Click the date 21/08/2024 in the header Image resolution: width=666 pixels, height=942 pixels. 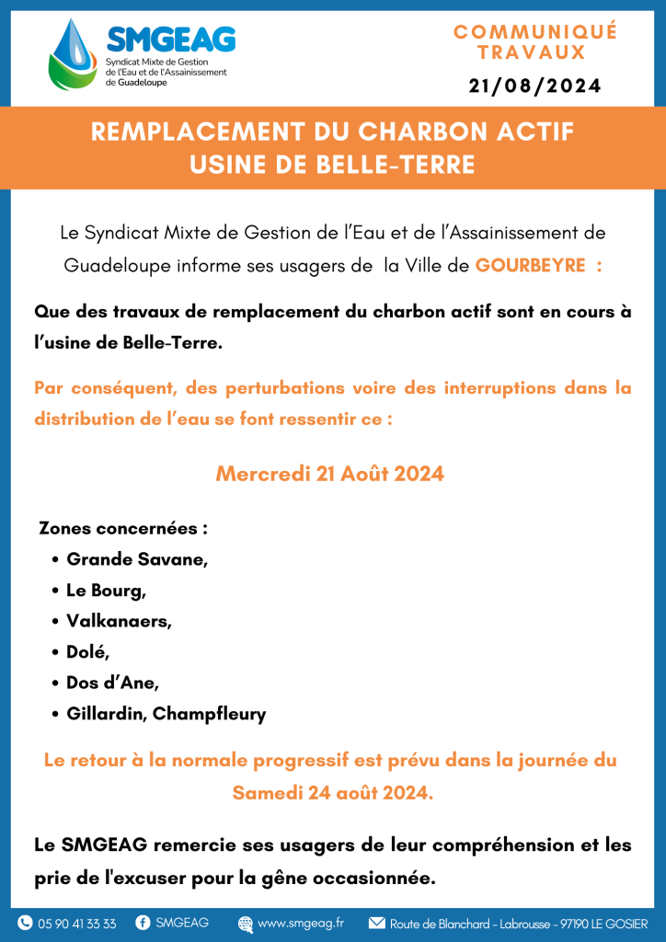(x=534, y=86)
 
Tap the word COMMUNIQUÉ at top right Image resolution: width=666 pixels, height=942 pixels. (x=534, y=32)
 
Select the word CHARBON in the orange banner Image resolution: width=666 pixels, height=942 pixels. (x=401, y=132)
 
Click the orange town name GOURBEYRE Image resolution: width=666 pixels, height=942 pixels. (x=531, y=265)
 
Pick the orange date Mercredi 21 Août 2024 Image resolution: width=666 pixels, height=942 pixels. (x=330, y=474)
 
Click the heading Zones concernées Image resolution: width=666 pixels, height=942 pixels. (x=123, y=529)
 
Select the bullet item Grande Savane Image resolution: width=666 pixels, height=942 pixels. (x=137, y=559)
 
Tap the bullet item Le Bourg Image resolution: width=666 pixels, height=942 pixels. (x=106, y=591)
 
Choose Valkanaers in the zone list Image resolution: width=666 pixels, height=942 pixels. (x=119, y=621)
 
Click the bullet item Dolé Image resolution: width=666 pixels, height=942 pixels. (x=88, y=652)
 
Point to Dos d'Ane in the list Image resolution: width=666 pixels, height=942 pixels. (x=112, y=684)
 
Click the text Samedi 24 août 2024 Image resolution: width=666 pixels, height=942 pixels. (x=332, y=792)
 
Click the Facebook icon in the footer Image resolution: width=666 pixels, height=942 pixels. (x=144, y=923)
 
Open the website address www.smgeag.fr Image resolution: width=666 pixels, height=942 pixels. (x=301, y=923)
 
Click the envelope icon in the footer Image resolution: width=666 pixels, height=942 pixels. (x=376, y=923)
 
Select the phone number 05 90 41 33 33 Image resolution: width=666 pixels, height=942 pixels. (x=77, y=924)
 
